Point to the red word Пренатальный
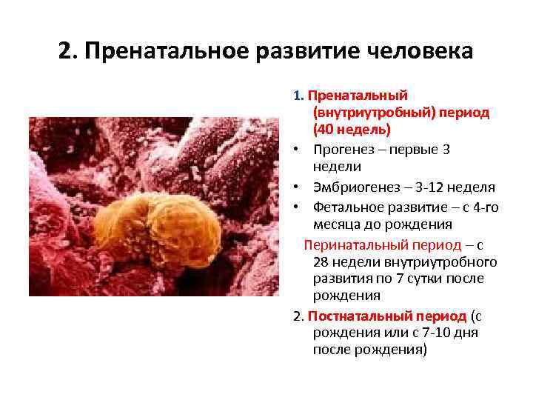click(x=358, y=96)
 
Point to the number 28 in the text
click(x=321, y=262)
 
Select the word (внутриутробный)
click(x=373, y=113)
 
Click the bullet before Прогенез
click(x=295, y=150)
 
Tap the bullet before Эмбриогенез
click(x=295, y=187)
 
